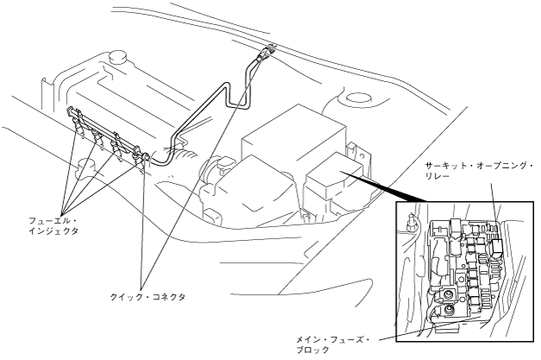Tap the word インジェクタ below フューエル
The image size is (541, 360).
[x=47, y=232]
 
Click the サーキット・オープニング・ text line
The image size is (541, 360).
[x=479, y=164]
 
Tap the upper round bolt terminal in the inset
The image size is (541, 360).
[x=449, y=291]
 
